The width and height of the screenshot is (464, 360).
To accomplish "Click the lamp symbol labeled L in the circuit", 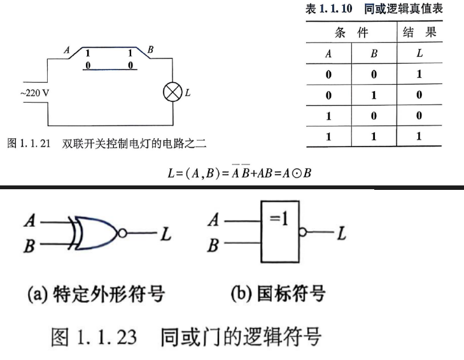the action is coord(172,92).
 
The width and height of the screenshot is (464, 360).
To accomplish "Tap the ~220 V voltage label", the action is coord(34,93).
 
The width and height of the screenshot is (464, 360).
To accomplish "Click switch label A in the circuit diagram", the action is coord(67,50).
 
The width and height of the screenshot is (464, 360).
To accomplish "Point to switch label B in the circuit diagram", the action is coord(150,50).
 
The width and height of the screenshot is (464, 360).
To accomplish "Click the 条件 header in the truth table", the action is coord(351,32).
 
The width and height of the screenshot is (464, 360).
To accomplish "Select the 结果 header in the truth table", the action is coord(419,32).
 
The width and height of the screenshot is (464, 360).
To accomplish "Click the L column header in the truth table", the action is coord(419,53).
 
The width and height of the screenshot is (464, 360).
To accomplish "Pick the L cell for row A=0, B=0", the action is coord(419,74).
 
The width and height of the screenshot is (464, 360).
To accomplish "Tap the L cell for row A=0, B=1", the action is coord(419,94).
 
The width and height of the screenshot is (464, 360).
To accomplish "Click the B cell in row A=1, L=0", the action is coord(374,115).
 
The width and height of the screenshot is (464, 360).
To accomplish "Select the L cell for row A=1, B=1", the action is coord(419,136).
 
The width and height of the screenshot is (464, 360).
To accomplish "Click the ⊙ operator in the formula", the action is coord(296,173).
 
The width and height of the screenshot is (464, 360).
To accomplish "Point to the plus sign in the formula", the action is coord(253,173).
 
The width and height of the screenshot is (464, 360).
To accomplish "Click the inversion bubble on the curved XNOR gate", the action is coord(122,233).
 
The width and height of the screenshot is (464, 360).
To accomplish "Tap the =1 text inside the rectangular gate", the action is coord(279,219).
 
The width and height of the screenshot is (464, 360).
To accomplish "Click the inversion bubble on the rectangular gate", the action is coord(302,232).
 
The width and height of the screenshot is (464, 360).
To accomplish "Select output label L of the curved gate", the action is coord(166,234).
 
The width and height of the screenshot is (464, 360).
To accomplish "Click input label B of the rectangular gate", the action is coord(213,246).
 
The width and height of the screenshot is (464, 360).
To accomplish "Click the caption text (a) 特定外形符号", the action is coord(96,294).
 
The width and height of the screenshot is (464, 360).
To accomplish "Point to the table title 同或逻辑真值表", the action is coord(404,8).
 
